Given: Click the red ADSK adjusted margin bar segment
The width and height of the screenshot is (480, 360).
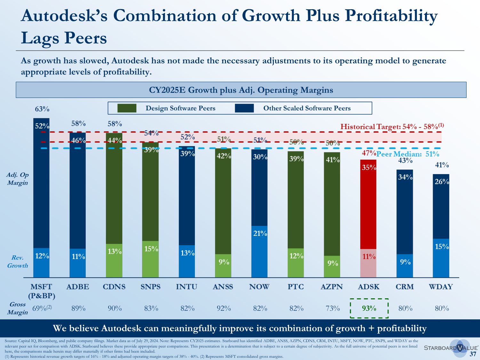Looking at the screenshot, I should click(x=368, y=205).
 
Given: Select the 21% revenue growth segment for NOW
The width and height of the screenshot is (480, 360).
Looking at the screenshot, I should click(x=260, y=252).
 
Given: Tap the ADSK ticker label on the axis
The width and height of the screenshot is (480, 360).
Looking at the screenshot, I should click(x=369, y=287).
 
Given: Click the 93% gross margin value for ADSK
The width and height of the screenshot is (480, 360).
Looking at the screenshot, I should click(x=369, y=308).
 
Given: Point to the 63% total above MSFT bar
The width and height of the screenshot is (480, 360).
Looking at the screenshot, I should click(x=42, y=109).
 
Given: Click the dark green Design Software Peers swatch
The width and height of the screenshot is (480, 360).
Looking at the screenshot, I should click(x=127, y=108).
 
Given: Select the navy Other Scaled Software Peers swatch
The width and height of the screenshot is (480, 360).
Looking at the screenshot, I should click(x=244, y=108).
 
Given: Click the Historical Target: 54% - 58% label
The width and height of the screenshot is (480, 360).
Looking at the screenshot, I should click(x=392, y=126).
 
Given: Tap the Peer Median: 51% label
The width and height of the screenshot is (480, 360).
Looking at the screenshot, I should click(x=408, y=154).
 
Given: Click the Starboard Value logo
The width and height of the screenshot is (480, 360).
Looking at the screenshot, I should click(x=451, y=348).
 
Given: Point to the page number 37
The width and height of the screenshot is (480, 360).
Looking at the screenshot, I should click(x=473, y=354).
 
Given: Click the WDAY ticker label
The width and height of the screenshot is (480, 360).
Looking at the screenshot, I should click(x=441, y=287).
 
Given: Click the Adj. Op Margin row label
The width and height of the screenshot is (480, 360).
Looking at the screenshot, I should click(x=18, y=179).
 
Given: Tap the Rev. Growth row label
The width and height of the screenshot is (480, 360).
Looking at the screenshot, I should click(x=18, y=261).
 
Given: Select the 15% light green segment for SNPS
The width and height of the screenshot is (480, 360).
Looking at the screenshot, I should click(x=150, y=259).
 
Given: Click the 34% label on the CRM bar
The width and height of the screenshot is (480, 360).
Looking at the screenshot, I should click(x=405, y=177).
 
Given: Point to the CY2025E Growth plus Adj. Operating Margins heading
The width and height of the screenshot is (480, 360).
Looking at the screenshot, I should click(x=241, y=90).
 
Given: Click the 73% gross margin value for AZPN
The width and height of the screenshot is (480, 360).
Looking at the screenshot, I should click(x=333, y=308).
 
